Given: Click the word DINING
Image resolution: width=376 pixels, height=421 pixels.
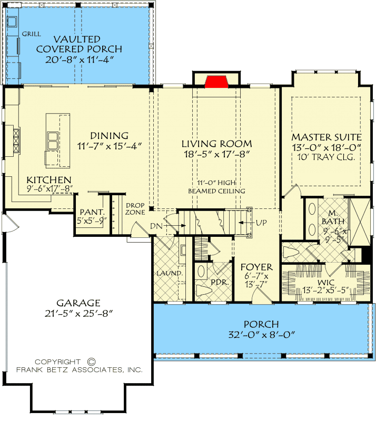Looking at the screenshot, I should pyautogui.click(x=109, y=136).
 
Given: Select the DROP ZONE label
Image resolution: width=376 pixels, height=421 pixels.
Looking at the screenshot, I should pyautogui.click(x=135, y=209).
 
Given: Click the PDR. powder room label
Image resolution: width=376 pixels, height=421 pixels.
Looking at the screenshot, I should pyautogui.click(x=219, y=282).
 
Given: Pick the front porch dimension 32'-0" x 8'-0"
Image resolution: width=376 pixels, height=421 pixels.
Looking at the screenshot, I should pyautogui.click(x=261, y=334).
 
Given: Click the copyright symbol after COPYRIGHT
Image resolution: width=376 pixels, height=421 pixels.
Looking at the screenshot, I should pyautogui.click(x=91, y=362).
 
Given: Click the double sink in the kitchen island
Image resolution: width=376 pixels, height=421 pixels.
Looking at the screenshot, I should pyautogui.click(x=53, y=141).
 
